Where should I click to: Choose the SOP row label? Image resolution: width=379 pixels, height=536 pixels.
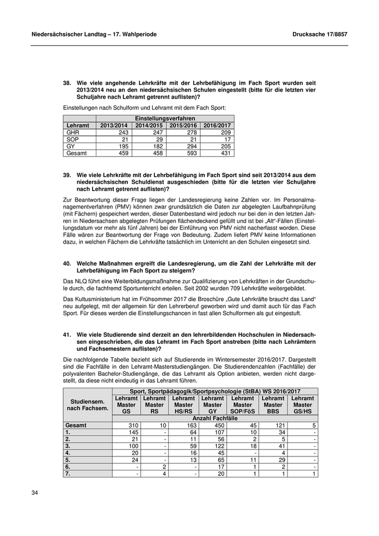[x=72, y=139]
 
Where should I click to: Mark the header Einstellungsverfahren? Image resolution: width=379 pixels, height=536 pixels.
[x=165, y=118]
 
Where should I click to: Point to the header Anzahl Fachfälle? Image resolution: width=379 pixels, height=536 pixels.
[x=215, y=418]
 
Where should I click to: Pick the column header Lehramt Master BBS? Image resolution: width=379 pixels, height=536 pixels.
[x=273, y=404]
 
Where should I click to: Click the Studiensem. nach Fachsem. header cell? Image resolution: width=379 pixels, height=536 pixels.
[x=88, y=404]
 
